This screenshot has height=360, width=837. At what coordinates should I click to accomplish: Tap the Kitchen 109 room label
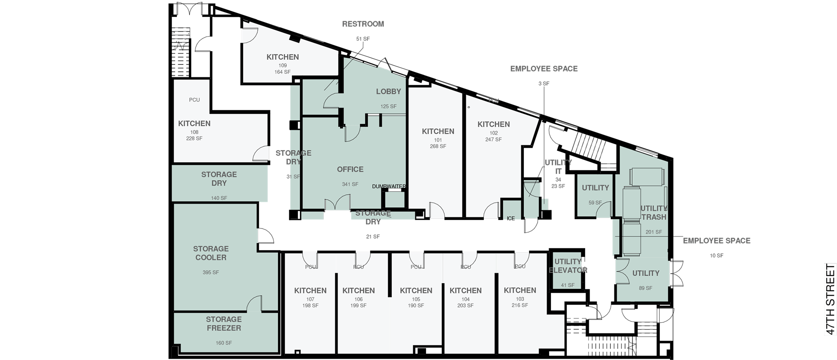pyautogui.click(x=283, y=57)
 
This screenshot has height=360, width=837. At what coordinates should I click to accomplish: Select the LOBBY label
pyautogui.click(x=388, y=92)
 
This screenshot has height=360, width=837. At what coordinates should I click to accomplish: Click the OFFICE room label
pyautogui.click(x=350, y=169)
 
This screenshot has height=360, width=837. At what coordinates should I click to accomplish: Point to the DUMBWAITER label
pyautogui.click(x=389, y=187)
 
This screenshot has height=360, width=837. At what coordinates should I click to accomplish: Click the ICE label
pyautogui.click(x=510, y=219)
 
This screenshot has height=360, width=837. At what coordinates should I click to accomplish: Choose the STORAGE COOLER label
pyautogui.click(x=211, y=253)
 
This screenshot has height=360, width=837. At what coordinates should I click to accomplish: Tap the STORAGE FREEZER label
pyautogui.click(x=223, y=324)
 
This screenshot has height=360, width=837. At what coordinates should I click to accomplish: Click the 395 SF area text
pyautogui.click(x=211, y=272)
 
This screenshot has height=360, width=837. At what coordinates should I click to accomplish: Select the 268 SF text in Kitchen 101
pyautogui.click(x=438, y=146)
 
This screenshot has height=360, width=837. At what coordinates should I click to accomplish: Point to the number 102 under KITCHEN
pyautogui.click(x=494, y=133)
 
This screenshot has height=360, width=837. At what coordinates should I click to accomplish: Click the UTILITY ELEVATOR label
pyautogui.click(x=568, y=266)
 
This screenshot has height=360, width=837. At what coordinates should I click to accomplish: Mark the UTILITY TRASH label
pyautogui.click(x=654, y=213)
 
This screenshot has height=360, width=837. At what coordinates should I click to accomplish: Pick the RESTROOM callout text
pyautogui.click(x=363, y=24)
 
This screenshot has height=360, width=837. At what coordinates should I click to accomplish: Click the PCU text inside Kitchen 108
pyautogui.click(x=194, y=100)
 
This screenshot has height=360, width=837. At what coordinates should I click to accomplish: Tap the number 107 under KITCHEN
pyautogui.click(x=310, y=299)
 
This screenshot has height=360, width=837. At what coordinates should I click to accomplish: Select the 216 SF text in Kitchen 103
pyautogui.click(x=520, y=305)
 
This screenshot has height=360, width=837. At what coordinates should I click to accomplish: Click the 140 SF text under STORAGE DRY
pyautogui.click(x=219, y=198)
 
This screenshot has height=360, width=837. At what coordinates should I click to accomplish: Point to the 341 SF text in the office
pyautogui.click(x=350, y=184)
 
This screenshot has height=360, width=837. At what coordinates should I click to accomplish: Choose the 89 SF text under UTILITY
pyautogui.click(x=646, y=288)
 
